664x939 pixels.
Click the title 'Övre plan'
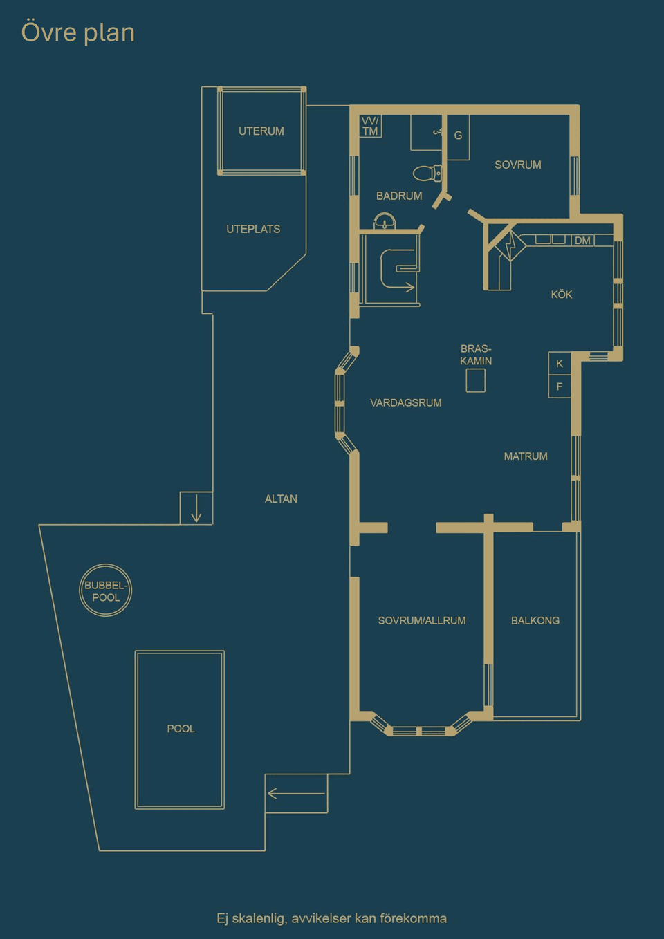click(78, 32)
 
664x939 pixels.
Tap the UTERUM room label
click(261, 131)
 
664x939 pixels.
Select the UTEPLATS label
click(253, 229)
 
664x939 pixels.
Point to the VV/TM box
click(371, 126)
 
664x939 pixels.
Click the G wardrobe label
click(458, 136)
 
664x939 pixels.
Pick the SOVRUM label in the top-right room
click(518, 165)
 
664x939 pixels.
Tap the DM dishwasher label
click(583, 241)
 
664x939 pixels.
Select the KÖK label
click(562, 295)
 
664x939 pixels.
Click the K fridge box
click(560, 364)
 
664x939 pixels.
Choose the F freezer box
click(560, 387)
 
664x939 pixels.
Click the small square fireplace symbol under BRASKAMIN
click(475, 380)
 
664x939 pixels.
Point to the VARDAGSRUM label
click(406, 402)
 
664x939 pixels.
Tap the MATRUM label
click(526, 456)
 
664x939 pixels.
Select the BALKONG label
click(535, 620)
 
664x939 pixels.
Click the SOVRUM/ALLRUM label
click(422, 620)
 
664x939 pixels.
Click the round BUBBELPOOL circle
click(106, 591)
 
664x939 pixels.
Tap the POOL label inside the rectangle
click(181, 729)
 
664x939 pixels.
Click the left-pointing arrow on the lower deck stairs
click(296, 793)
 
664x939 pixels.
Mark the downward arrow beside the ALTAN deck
click(196, 508)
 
